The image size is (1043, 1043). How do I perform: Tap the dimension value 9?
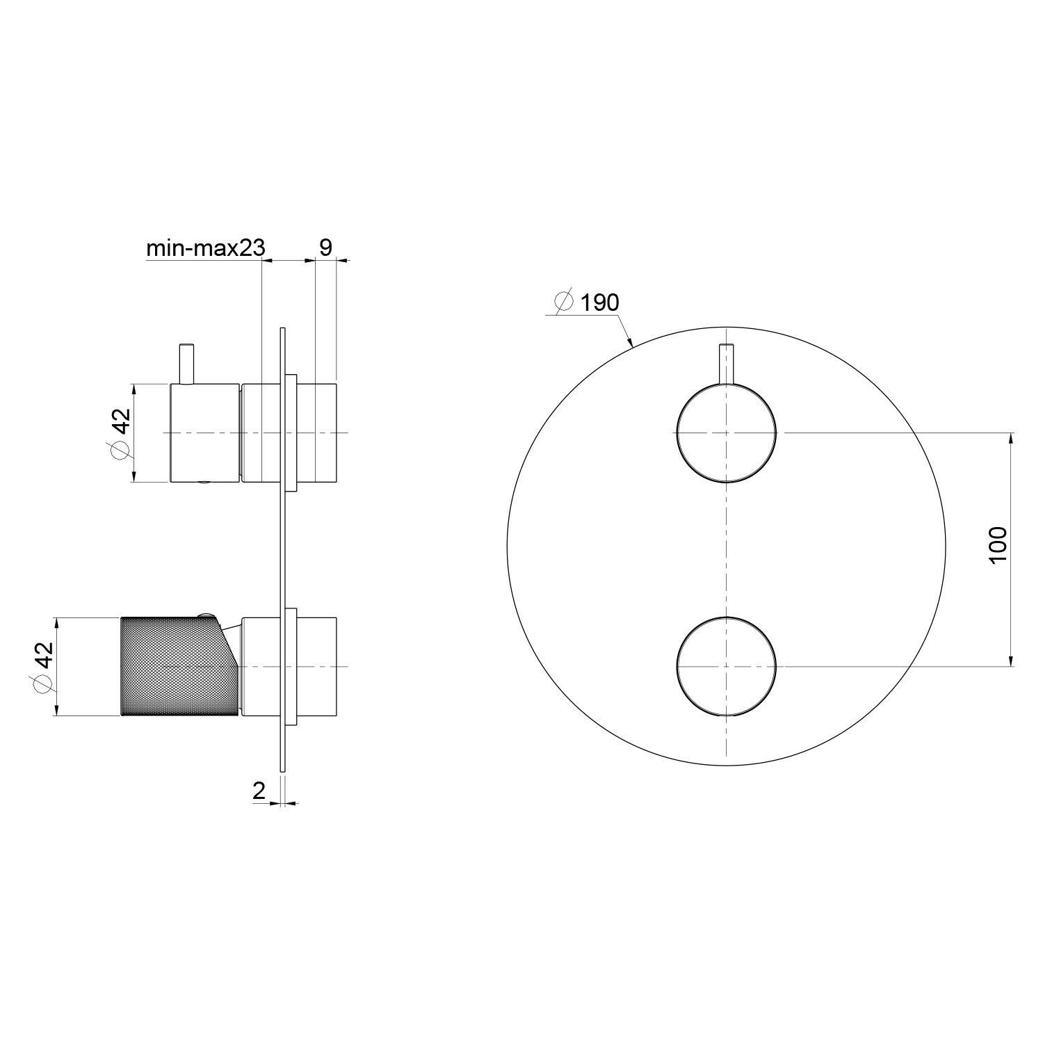325,247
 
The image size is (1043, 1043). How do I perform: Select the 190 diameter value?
599,302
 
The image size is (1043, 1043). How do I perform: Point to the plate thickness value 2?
259,791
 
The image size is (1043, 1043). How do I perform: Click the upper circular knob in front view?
727,432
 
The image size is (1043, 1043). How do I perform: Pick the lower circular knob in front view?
727,666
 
